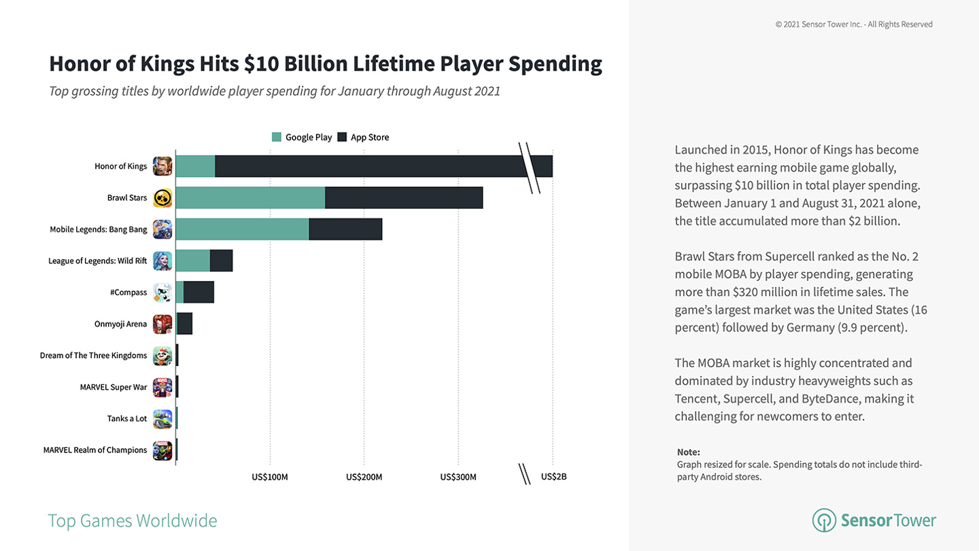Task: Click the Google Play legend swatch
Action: (276, 137)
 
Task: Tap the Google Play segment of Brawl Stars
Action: (250, 198)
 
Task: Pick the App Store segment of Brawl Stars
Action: (404, 198)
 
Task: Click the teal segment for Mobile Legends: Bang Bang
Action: (242, 229)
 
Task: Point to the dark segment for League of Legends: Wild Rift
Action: (221, 261)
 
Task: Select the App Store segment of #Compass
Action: (199, 292)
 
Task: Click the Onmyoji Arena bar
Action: (185, 324)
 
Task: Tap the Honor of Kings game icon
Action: (162, 166)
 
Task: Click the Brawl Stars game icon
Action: (162, 198)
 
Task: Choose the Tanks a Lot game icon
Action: (162, 418)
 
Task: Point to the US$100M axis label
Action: (270, 477)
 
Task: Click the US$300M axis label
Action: (458, 477)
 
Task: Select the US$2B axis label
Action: (553, 477)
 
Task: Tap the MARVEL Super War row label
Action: (114, 387)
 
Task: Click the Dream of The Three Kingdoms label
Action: (94, 356)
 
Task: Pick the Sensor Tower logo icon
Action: (824, 520)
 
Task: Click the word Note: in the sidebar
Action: (688, 452)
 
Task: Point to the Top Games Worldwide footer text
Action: (133, 520)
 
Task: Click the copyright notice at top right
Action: (854, 24)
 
